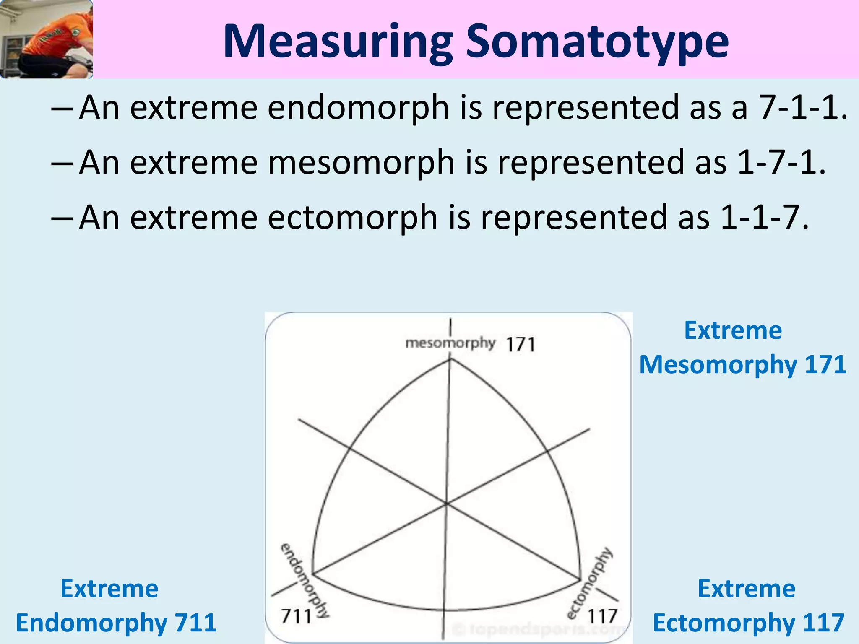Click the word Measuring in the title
(x=338, y=42)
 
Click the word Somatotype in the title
(x=597, y=42)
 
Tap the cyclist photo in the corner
(x=46, y=39)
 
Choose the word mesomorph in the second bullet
(x=361, y=163)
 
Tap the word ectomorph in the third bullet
(x=352, y=218)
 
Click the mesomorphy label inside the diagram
(x=450, y=343)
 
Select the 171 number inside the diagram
(x=521, y=345)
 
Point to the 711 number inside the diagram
(x=296, y=616)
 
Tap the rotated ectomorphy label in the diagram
(x=589, y=583)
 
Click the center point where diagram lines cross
(x=447, y=503)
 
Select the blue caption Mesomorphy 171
(x=742, y=364)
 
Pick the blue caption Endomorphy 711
(x=116, y=623)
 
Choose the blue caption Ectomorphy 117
(x=748, y=623)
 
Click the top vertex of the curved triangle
(x=450, y=359)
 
